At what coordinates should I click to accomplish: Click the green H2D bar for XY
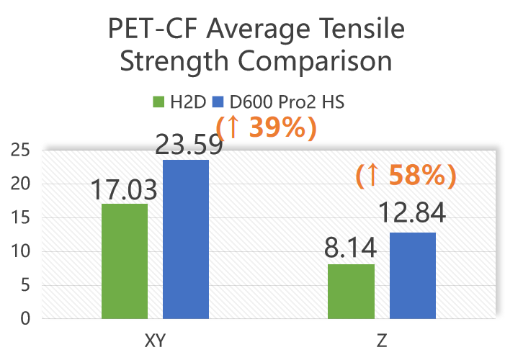click(x=125, y=261)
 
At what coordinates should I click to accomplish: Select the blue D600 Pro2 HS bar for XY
click(x=186, y=239)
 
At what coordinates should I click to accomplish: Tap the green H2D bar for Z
click(x=351, y=291)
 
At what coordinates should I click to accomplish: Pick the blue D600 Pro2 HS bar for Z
click(x=412, y=275)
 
